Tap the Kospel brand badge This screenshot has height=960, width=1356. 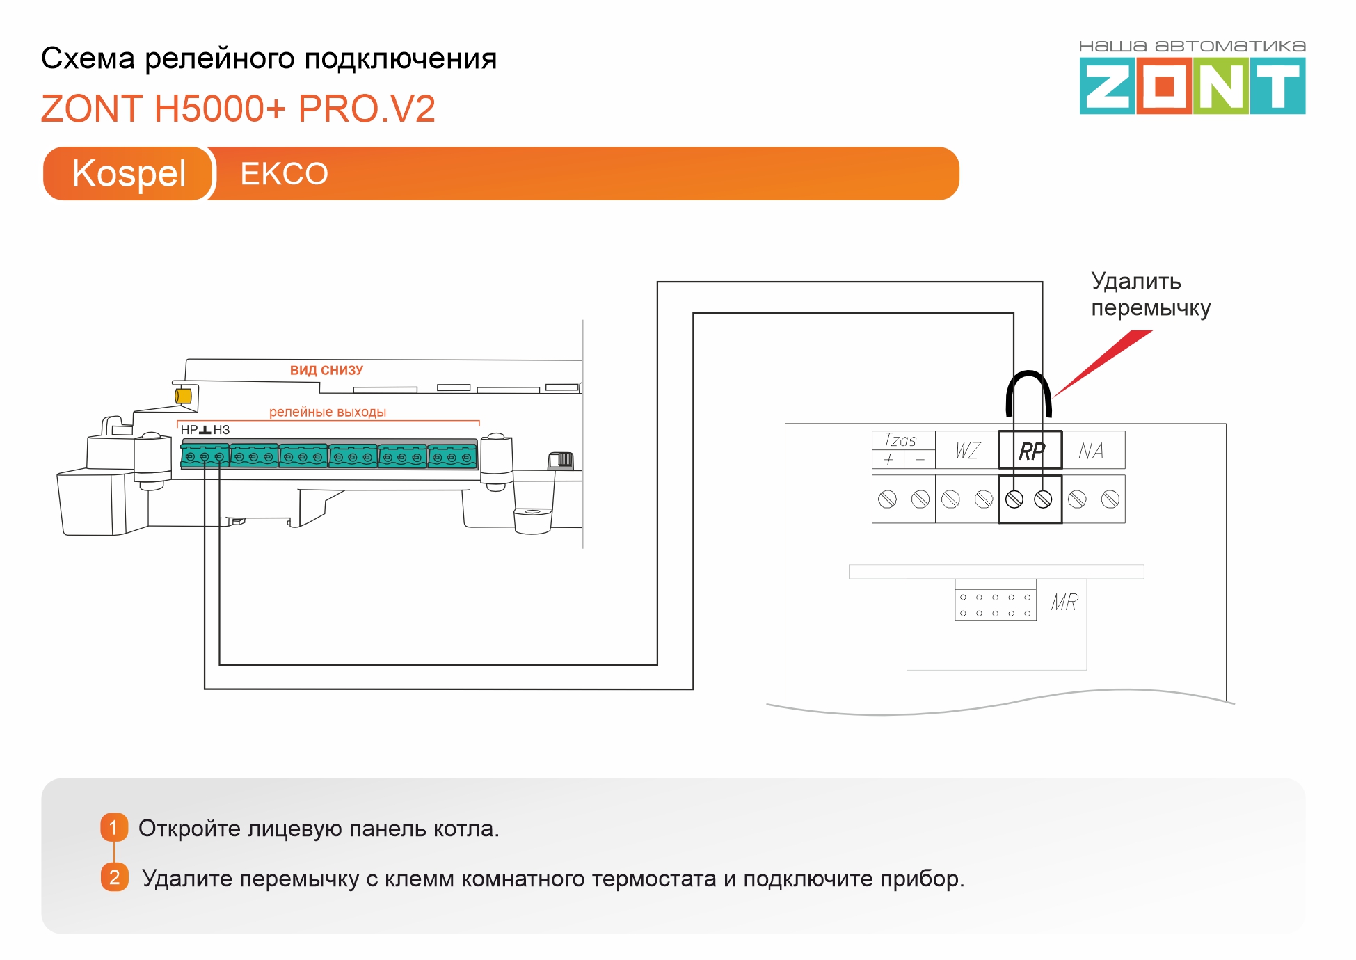(129, 173)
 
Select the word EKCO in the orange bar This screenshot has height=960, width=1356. (284, 174)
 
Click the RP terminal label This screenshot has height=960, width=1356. (1031, 451)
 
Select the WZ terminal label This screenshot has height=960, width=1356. (968, 451)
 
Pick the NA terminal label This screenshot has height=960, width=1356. (1091, 451)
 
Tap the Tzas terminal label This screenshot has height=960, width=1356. (900, 440)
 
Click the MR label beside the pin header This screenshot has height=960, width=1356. (1064, 602)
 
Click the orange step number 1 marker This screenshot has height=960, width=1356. (114, 828)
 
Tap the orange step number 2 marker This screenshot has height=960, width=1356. (114, 877)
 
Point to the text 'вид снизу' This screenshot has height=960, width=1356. (326, 370)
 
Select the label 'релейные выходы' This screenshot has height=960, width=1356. (328, 412)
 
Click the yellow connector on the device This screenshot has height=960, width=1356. (183, 396)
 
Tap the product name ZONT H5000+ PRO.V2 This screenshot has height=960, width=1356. (238, 109)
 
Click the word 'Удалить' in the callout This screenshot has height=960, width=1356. (1135, 281)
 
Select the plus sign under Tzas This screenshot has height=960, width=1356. (888, 460)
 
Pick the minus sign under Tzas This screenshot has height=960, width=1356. (920, 460)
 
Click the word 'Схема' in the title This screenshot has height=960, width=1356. (88, 58)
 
